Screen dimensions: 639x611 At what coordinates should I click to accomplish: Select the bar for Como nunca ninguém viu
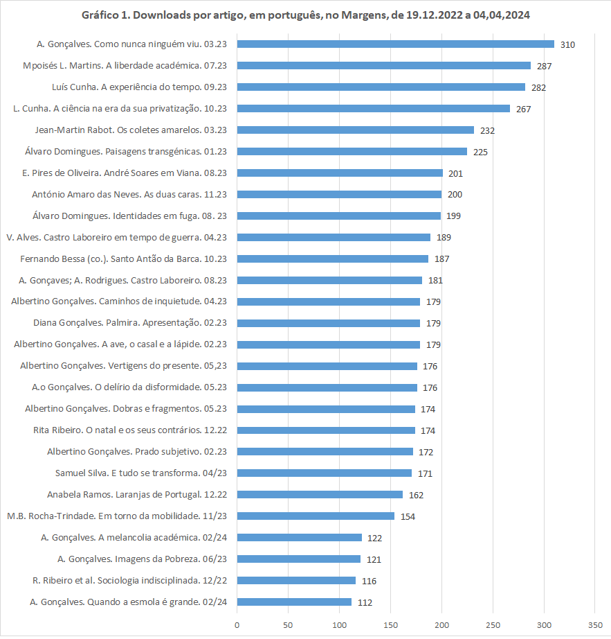[395, 44]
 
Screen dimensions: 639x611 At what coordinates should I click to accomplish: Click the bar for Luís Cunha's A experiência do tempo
[381, 87]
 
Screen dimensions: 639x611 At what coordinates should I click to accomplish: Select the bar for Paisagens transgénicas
[352, 152]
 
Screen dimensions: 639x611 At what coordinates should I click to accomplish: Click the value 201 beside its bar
[455, 173]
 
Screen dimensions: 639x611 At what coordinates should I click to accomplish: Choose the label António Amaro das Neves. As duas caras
[130, 195]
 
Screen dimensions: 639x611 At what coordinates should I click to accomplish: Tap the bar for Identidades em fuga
[338, 216]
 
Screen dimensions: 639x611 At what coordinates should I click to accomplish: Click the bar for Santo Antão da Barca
[332, 259]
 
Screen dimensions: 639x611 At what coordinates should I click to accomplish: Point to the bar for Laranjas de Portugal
[320, 495]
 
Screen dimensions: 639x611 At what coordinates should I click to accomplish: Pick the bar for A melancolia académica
[299, 538]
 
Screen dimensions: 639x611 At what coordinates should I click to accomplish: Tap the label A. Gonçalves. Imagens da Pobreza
[142, 559]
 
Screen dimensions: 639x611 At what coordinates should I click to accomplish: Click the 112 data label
[365, 602]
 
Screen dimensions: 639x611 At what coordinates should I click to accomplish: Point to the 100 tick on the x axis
[339, 625]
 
